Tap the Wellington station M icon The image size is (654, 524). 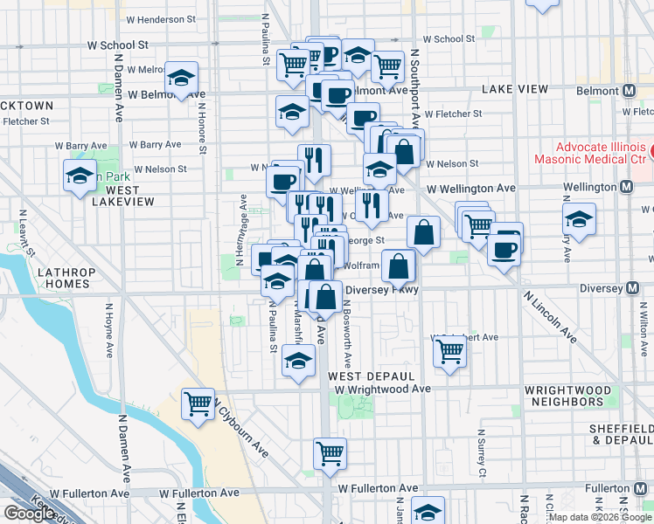coord(626,187)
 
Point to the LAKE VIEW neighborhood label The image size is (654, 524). coord(514,89)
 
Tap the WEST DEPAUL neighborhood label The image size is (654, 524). coord(364,375)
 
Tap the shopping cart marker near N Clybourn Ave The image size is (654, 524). coord(198,404)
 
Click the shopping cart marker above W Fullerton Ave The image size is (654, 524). coord(330,452)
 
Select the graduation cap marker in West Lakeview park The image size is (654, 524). coord(80,176)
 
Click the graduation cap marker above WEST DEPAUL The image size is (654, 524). coord(298,361)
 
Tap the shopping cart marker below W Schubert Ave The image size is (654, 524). coord(449,351)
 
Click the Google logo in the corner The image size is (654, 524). coord(29,514)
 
